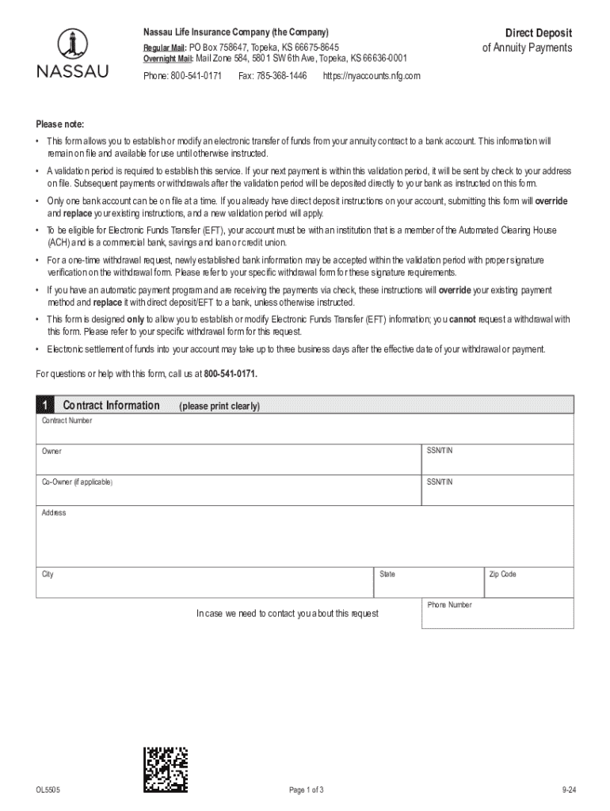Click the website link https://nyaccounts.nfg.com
pyautogui.click(x=371, y=76)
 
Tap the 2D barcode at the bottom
pyautogui.click(x=166, y=770)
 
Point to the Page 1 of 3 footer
pyautogui.click(x=306, y=790)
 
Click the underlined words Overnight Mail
pyautogui.click(x=168, y=59)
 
